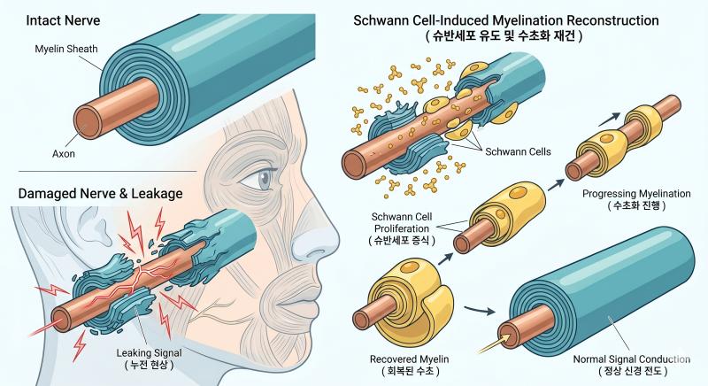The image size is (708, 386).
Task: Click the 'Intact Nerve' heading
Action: pyautogui.click(x=63, y=20)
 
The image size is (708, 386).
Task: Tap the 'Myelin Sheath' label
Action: pyautogui.click(x=66, y=49)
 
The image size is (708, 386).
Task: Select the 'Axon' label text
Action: pyautogui.click(x=64, y=153)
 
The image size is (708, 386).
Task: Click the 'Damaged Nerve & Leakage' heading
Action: pyautogui.click(x=100, y=194)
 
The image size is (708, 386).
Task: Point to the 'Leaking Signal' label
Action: pyautogui.click(x=149, y=352)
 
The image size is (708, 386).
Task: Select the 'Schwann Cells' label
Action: pyautogui.click(x=518, y=151)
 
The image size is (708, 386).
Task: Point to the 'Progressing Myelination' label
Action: pyautogui.click(x=636, y=194)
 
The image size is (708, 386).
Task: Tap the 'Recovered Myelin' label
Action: pyautogui.click(x=409, y=359)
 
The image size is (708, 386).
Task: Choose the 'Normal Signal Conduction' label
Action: pyautogui.click(x=631, y=359)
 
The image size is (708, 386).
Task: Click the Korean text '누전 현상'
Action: pyautogui.click(x=149, y=365)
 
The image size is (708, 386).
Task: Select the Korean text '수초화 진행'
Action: pyautogui.click(x=636, y=205)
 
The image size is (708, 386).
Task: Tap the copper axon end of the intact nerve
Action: pyautogui.click(x=88, y=122)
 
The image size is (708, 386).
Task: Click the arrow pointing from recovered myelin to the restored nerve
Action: pyautogui.click(x=480, y=310)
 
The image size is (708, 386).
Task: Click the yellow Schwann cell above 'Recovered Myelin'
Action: pyautogui.click(x=409, y=293)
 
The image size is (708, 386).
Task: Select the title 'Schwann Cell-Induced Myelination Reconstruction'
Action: pyautogui.click(x=505, y=20)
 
